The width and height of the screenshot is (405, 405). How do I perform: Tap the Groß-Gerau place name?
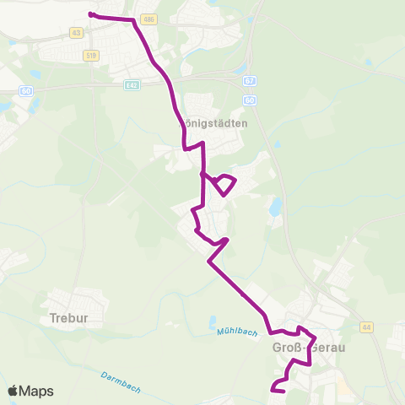pyautogui.click(x=310, y=347)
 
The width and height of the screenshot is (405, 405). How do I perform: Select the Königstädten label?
pyautogui.click(x=214, y=122)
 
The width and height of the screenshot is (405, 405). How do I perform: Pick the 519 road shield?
pyautogui.click(x=91, y=55)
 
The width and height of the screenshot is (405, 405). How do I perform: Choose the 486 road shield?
pyautogui.click(x=149, y=19)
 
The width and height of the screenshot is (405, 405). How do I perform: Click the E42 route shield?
pyautogui.click(x=131, y=84)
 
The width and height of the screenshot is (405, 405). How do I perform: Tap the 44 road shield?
pyautogui.click(x=366, y=327)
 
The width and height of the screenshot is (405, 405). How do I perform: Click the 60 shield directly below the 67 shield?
pyautogui.click(x=250, y=100)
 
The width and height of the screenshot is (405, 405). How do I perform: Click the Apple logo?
pyautogui.click(x=13, y=391)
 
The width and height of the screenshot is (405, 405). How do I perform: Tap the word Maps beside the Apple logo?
pyautogui.click(x=37, y=391)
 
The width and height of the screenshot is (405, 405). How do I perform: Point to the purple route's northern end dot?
pyautogui.click(x=90, y=14)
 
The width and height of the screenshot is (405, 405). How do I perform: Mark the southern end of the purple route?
pyautogui.click(x=273, y=389)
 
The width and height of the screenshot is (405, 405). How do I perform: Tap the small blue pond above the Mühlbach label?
pyautogui.click(x=211, y=319)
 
